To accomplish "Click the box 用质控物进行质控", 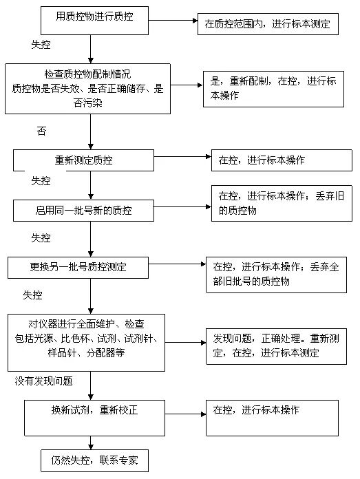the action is [94, 21].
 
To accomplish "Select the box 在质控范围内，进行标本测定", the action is [268, 24].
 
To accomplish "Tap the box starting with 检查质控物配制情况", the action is [87, 89].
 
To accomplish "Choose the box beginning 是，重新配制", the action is [273, 89].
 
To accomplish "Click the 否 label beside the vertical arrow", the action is [41, 131].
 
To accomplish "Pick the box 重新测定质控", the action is [83, 160].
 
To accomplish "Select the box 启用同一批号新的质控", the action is [83, 210].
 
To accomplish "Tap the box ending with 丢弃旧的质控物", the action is [282, 203].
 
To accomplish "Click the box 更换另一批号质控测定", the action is [78, 267].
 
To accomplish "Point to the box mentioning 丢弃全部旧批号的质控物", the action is [276, 275].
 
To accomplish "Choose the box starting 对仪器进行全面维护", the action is [86, 343].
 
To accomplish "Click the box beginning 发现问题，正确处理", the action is [276, 346].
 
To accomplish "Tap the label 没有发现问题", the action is [43, 381].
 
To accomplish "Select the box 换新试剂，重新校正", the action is [94, 418].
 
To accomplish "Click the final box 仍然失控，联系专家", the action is [94, 460].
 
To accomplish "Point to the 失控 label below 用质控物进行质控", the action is [41, 45].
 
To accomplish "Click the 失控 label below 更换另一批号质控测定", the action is [32, 295].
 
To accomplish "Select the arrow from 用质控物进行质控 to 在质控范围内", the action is [173, 21].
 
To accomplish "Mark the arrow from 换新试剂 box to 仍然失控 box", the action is [90, 443].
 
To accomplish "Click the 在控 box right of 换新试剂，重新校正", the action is [272, 418].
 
